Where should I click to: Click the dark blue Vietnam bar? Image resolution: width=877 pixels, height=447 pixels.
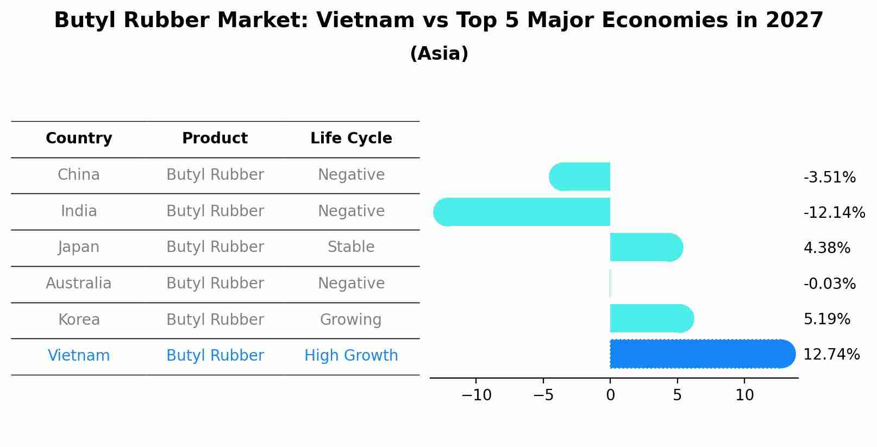pyautogui.click(x=701, y=354)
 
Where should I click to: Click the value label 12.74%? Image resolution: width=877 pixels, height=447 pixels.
pyautogui.click(x=831, y=355)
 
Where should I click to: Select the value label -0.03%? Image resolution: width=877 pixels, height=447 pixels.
pyautogui.click(x=829, y=284)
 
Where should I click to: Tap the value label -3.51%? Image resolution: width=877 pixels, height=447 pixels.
pyautogui.click(x=829, y=178)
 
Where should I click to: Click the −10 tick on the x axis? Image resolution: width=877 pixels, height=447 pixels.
pyautogui.click(x=476, y=395)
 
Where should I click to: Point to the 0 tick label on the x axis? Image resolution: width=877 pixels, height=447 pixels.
pyautogui.click(x=610, y=395)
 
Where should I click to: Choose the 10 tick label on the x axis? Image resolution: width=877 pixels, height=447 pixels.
pyautogui.click(x=744, y=395)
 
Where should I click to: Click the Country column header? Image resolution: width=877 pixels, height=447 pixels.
pyautogui.click(x=79, y=138)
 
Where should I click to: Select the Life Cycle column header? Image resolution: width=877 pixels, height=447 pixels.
pyautogui.click(x=351, y=138)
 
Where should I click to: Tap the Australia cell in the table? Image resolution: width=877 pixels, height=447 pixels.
pyautogui.click(x=79, y=284)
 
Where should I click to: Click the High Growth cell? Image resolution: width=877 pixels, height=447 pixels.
pyautogui.click(x=351, y=356)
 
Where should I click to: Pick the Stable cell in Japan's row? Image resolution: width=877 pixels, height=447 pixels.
pyautogui.click(x=351, y=247)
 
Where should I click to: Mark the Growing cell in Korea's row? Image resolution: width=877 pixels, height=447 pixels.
pyautogui.click(x=351, y=320)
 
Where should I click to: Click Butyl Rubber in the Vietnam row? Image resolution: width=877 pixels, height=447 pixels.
pyautogui.click(x=215, y=356)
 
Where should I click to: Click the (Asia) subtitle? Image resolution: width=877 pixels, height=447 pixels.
pyautogui.click(x=439, y=54)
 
